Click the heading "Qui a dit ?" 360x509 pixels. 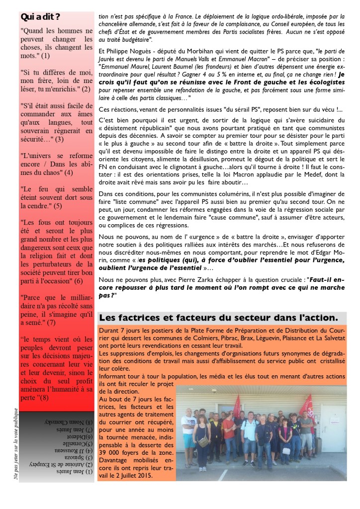41,17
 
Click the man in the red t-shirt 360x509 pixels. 229,430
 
